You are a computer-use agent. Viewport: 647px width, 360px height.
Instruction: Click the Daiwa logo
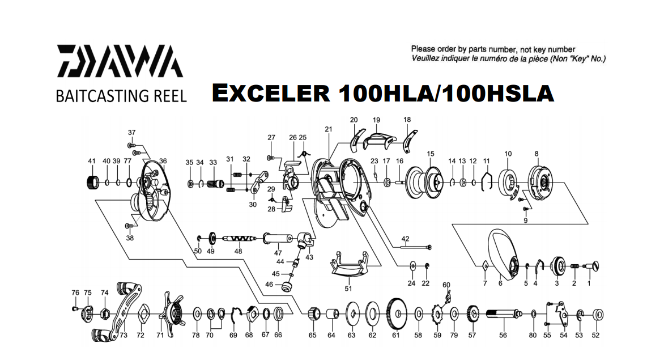tap(119, 61)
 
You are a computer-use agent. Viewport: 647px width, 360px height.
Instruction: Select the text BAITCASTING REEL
tap(121, 96)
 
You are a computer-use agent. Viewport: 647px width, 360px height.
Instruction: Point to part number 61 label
tap(395, 335)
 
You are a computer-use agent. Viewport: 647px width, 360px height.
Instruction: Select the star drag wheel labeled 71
tap(170, 311)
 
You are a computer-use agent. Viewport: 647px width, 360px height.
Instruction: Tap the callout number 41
tap(92, 162)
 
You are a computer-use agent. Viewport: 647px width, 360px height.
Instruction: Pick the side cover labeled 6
tap(503, 258)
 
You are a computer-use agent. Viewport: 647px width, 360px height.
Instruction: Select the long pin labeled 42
tap(416, 246)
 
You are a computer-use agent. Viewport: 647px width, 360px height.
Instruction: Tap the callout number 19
tap(376, 120)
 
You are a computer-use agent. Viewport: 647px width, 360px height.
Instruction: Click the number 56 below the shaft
tap(503, 335)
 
